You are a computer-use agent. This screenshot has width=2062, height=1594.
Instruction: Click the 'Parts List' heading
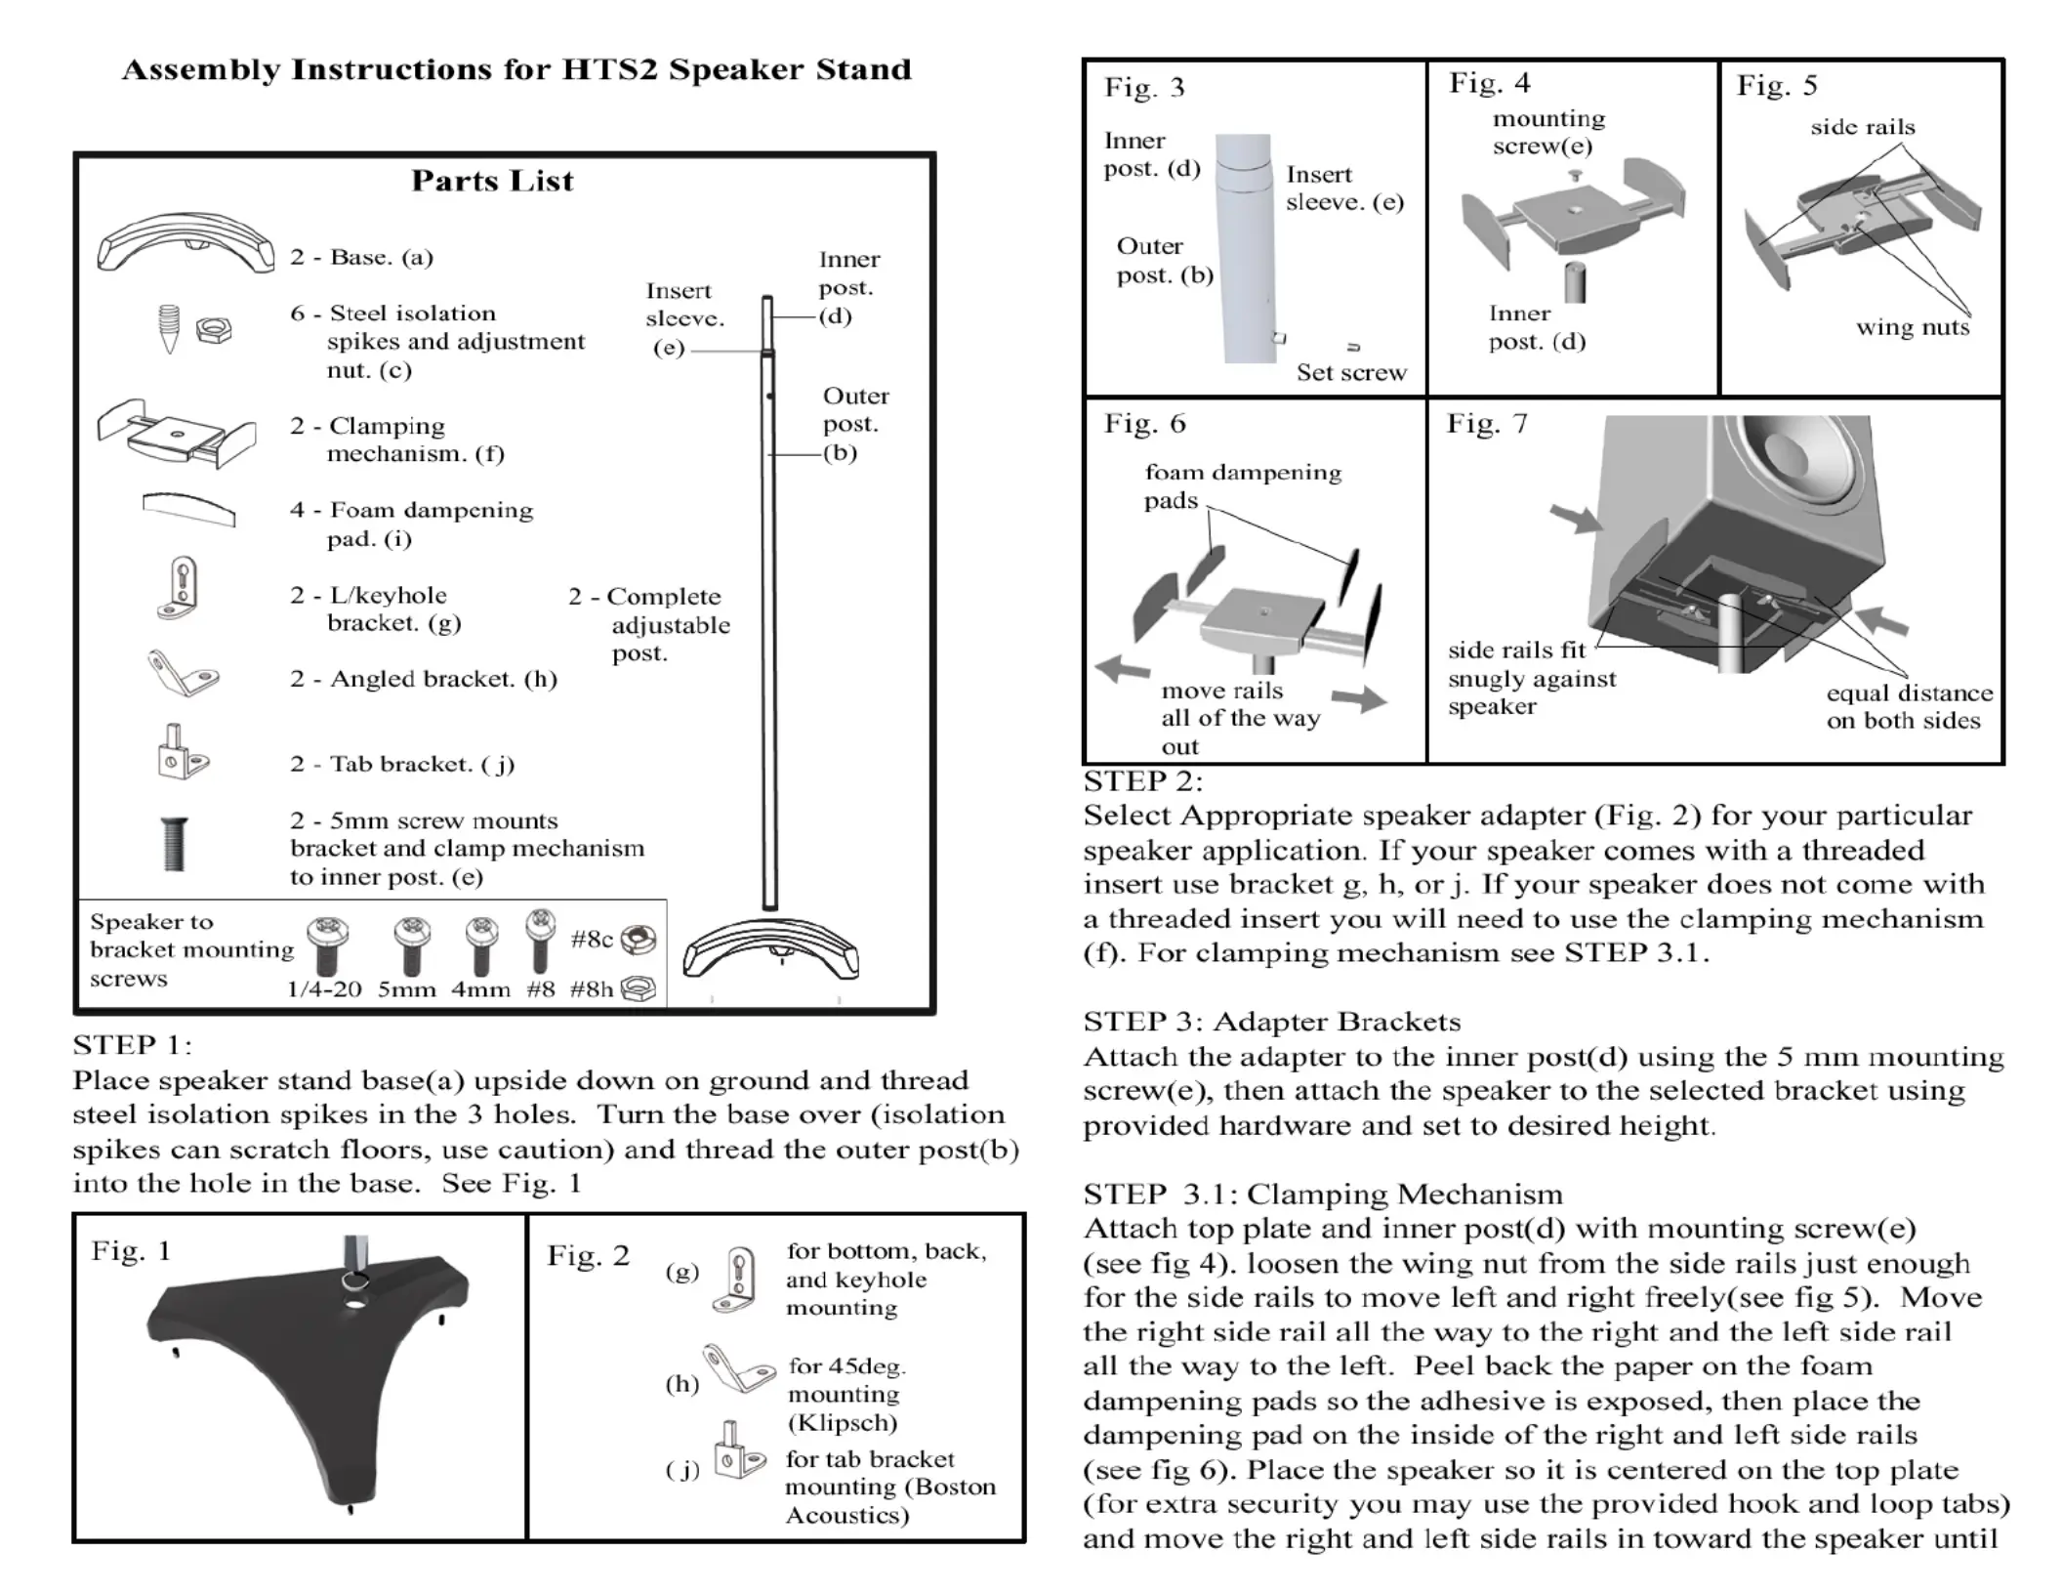click(492, 181)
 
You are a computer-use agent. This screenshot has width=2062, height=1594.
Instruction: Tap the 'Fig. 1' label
click(131, 1251)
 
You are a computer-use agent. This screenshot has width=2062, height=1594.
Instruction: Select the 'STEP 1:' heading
click(132, 1045)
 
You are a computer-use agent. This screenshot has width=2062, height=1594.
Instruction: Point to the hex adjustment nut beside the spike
click(213, 330)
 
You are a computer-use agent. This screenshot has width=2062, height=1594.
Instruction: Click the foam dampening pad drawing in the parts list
click(188, 508)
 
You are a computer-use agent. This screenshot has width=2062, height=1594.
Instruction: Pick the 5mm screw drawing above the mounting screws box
click(175, 844)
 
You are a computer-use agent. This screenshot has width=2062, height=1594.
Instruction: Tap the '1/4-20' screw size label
click(324, 989)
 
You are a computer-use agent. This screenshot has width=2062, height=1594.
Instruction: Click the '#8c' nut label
click(592, 940)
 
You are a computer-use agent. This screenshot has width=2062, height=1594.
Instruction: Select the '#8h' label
click(592, 989)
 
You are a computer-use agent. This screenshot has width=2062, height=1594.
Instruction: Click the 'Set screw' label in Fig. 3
click(1351, 373)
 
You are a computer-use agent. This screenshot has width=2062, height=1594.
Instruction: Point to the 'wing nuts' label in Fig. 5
click(1913, 327)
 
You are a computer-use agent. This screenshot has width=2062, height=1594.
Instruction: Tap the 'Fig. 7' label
click(1486, 424)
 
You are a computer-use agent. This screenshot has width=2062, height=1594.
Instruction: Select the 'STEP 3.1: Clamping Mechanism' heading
click(1323, 1195)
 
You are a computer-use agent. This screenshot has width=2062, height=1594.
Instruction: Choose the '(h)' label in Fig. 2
click(681, 1384)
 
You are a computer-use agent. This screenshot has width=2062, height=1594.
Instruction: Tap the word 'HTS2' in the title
click(610, 70)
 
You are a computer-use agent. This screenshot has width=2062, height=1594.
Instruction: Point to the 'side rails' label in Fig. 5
click(1862, 127)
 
